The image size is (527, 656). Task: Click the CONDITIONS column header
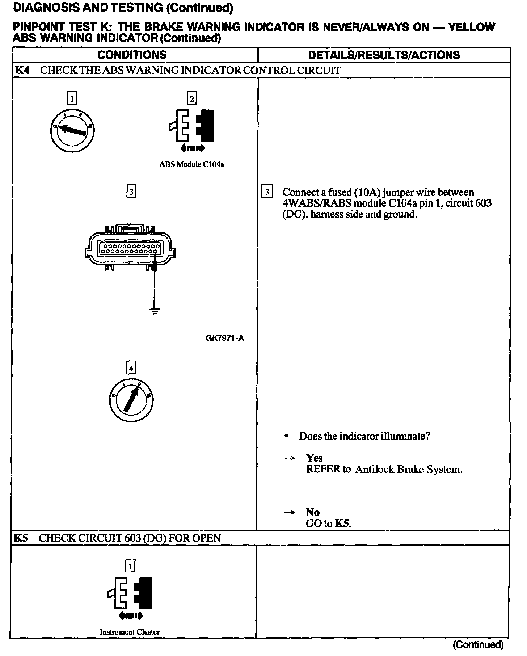132,55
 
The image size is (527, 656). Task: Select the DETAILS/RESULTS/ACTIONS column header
384,55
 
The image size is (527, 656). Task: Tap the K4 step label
22,70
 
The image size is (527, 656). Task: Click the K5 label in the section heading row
21,538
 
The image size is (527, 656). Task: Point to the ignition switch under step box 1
72,130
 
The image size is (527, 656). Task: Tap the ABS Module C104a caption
191,164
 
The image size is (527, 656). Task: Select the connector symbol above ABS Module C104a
191,129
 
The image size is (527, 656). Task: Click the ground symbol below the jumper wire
155,311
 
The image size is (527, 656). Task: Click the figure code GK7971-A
224,338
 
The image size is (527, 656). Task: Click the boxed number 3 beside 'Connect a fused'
267,192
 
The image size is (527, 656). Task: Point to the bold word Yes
314,458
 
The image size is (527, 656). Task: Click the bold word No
313,512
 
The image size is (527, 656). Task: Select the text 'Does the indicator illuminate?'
364,436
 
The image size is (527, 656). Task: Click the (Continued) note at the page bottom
478,645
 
